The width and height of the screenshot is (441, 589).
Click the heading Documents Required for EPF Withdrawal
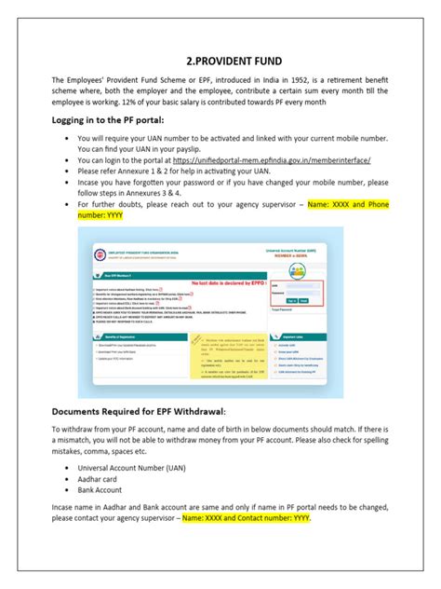[x=140, y=411]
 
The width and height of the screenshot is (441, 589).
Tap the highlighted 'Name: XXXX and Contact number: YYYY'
[x=247, y=517]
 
